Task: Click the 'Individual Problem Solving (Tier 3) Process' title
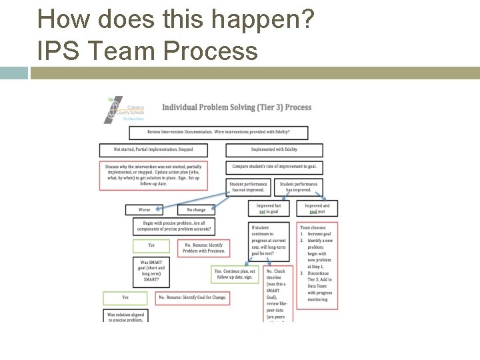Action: point(237,107)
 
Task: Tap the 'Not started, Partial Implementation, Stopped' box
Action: point(153,150)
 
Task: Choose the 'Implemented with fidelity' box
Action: point(274,150)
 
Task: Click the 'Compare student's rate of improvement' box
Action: point(274,166)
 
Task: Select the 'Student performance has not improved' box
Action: point(248,187)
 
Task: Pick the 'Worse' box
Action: point(144,210)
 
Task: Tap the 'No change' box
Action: point(196,210)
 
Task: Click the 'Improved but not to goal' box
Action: point(269,209)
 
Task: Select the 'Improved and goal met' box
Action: point(317,209)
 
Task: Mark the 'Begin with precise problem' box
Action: point(175,227)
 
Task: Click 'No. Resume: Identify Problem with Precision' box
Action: point(205,248)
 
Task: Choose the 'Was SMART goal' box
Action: point(151,271)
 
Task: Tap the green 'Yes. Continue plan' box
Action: point(235,275)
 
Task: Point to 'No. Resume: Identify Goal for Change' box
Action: point(192,297)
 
